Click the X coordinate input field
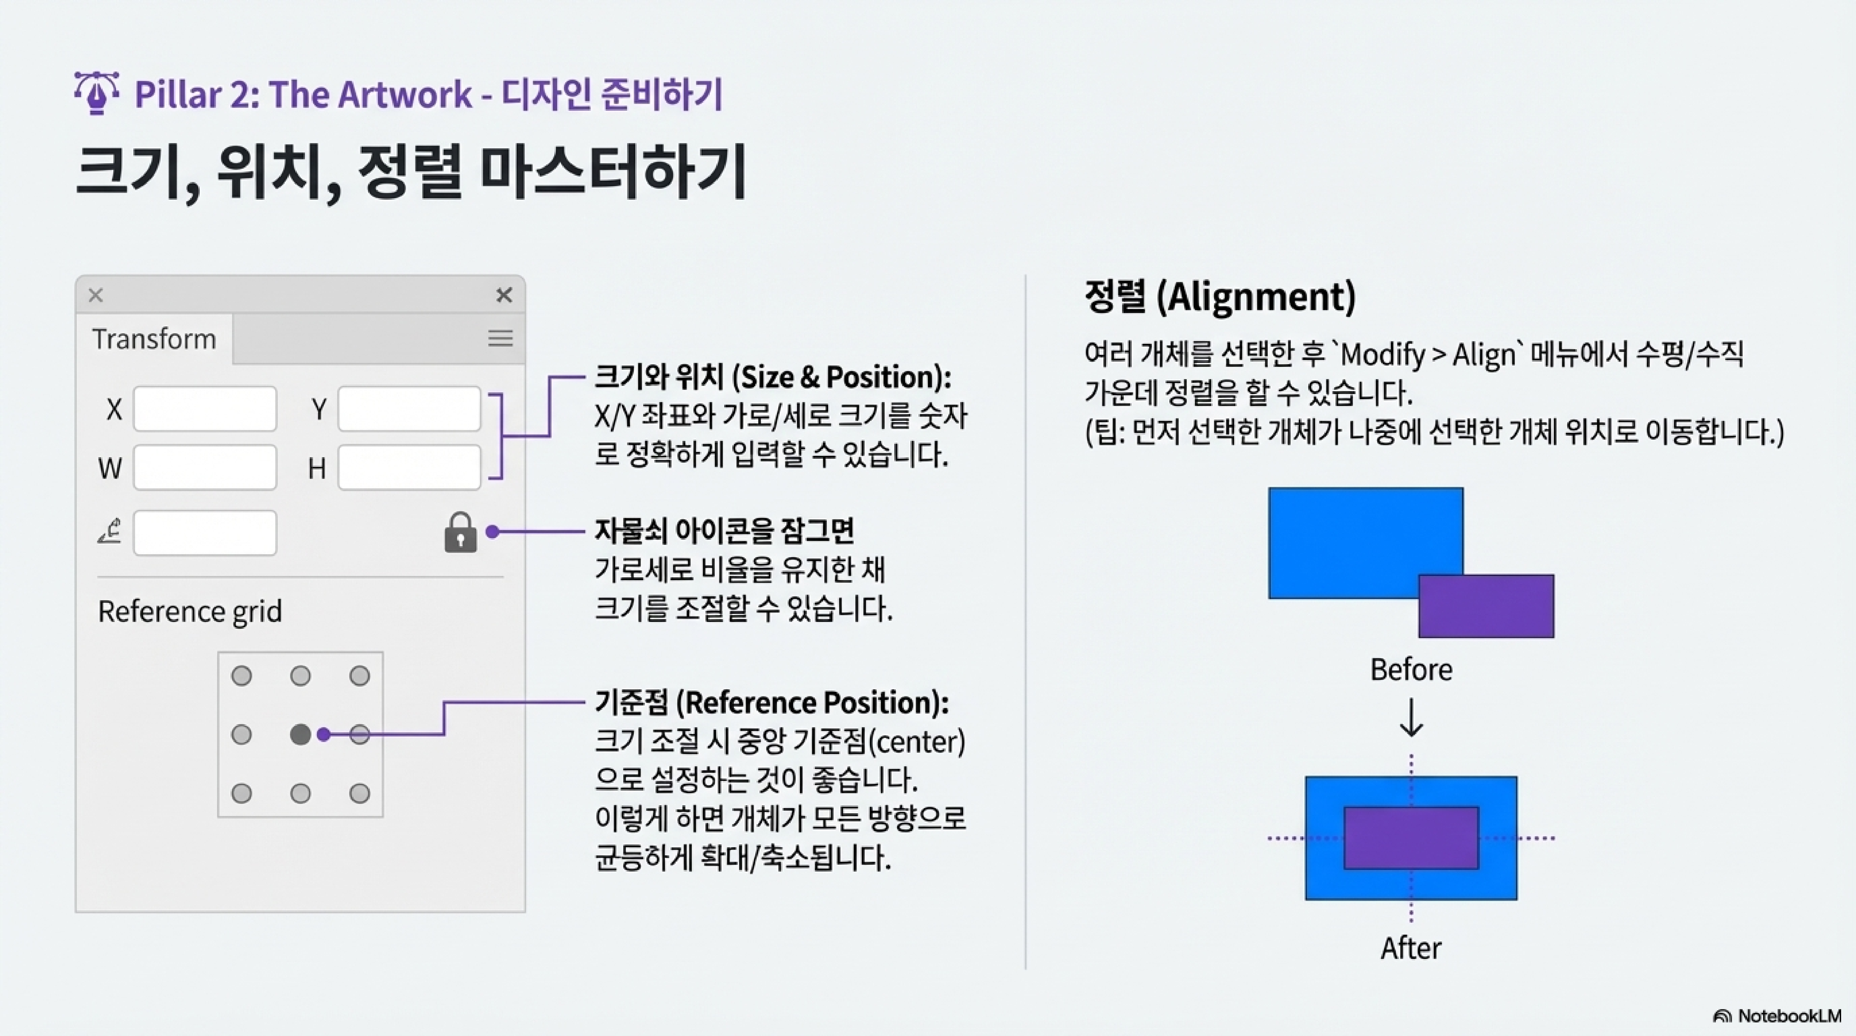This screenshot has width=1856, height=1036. pos(205,409)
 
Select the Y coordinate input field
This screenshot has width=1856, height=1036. pos(409,409)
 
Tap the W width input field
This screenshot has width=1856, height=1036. pos(205,467)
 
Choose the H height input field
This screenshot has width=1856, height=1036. pos(409,467)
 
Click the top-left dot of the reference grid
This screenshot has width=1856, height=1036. pos(242,676)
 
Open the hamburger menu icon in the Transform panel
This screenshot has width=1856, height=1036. pos(500,339)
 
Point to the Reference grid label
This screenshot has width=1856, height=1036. pos(189,612)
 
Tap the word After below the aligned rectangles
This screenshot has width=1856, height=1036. pos(1411,948)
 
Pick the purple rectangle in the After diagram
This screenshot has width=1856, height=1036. pos(1411,838)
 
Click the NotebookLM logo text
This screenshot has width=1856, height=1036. pos(1788,1016)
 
